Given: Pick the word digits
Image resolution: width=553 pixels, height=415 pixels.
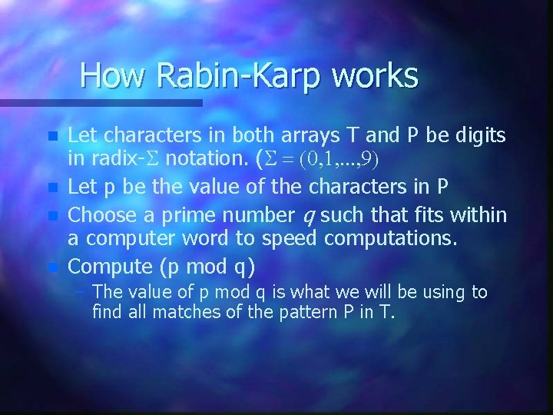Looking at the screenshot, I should point(476,136).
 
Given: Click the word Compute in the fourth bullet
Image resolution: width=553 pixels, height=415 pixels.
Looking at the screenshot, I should point(111,267).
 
